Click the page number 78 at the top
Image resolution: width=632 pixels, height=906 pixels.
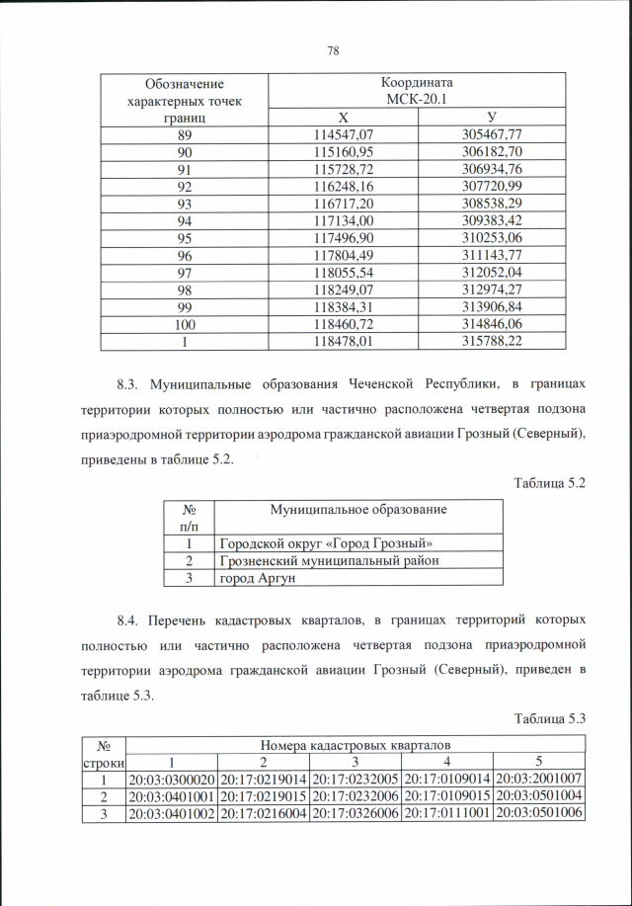click(x=333, y=51)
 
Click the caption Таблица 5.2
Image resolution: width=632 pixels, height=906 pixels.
click(x=550, y=483)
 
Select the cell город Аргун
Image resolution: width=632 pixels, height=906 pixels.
click(x=258, y=577)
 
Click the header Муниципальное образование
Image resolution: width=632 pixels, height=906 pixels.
click(x=358, y=510)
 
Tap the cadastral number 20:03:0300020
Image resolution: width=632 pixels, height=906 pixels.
click(x=172, y=780)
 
